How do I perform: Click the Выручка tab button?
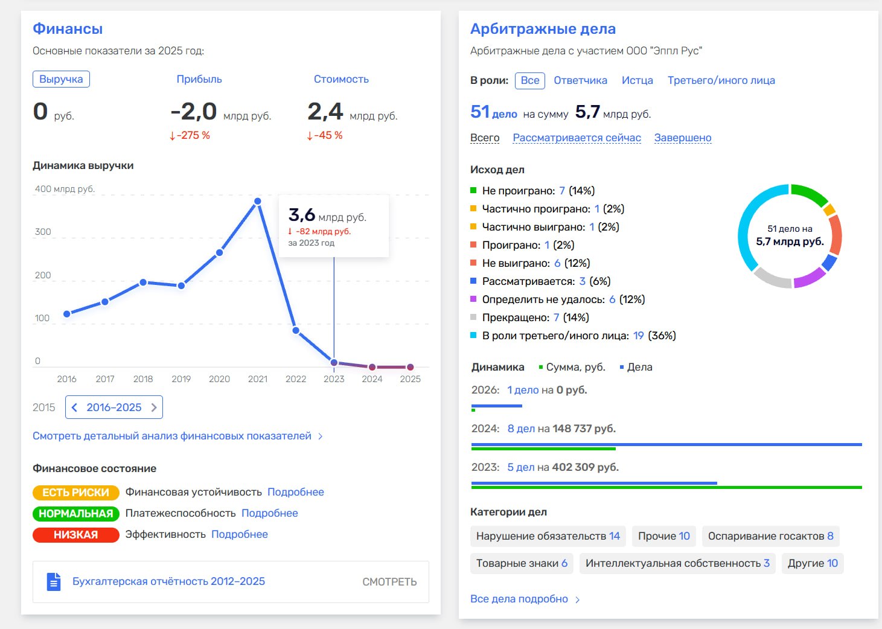[61, 79]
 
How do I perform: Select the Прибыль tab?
[199, 79]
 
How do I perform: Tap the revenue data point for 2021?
[258, 201]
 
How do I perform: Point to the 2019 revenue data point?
[181, 286]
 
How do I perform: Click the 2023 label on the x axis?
[333, 379]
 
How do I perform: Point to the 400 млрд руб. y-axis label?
[65, 189]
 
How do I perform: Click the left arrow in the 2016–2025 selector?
[74, 407]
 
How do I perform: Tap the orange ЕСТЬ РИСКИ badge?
[75, 493]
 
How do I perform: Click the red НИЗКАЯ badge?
[75, 535]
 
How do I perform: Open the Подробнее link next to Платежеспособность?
[269, 513]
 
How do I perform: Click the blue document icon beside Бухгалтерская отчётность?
[54, 582]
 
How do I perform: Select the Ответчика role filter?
[580, 80]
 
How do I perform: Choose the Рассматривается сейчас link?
[577, 138]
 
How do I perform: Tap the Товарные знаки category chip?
[522, 563]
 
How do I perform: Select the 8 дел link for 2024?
[521, 429]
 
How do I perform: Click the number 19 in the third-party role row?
[638, 336]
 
